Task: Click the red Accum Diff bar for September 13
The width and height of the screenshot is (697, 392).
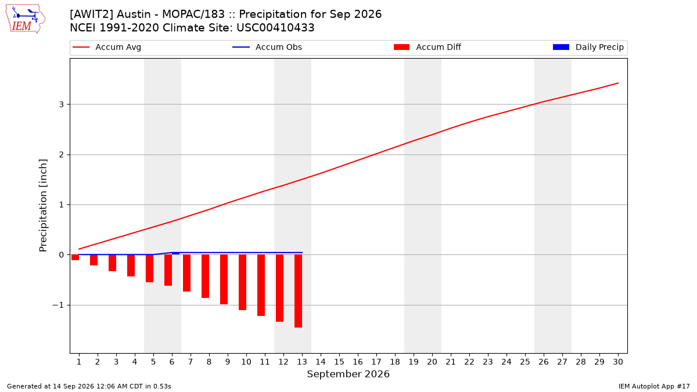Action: click(x=298, y=291)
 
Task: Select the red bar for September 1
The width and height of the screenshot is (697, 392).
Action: click(x=75, y=257)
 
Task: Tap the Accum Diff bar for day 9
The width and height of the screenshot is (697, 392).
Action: click(x=224, y=279)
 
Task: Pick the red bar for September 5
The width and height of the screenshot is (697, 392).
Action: click(x=149, y=268)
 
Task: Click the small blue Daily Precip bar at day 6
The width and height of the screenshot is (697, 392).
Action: click(x=175, y=253)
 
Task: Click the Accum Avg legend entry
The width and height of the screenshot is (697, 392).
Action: click(x=107, y=47)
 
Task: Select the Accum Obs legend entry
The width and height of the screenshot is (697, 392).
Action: click(x=267, y=47)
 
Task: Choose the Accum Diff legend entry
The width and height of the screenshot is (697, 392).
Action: click(x=427, y=47)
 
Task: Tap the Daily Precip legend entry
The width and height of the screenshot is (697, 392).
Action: click(x=588, y=47)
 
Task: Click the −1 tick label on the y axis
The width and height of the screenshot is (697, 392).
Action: click(x=58, y=305)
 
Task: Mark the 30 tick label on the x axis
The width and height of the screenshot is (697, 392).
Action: click(x=618, y=362)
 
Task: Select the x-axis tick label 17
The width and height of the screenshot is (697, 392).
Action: click(x=376, y=362)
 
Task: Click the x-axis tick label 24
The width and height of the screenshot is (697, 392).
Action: click(x=506, y=362)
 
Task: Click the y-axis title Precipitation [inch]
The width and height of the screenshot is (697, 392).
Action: click(x=43, y=206)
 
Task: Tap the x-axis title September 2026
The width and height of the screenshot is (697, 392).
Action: click(x=348, y=374)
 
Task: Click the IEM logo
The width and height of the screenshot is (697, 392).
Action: click(x=26, y=19)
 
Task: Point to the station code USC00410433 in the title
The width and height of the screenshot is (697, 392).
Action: click(x=275, y=28)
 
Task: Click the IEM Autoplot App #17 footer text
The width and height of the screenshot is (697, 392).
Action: click(x=654, y=386)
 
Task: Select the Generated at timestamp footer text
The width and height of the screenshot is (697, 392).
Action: click(x=89, y=386)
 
